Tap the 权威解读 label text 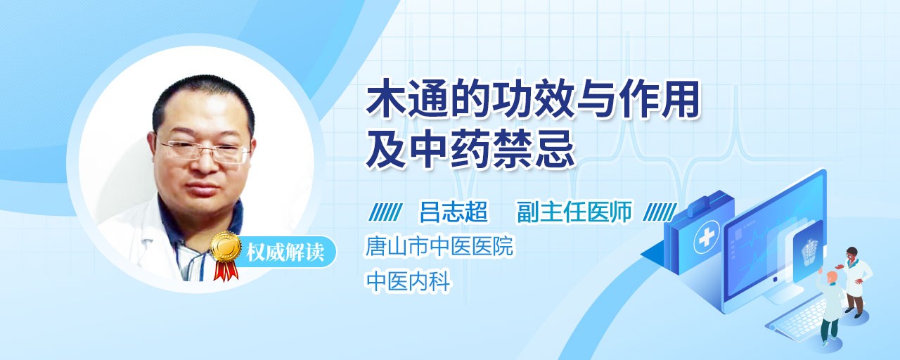[285, 252]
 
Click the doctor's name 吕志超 [454, 212]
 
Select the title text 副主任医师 [574, 212]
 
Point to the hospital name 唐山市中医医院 [439, 246]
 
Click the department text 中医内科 [408, 281]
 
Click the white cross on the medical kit [706, 238]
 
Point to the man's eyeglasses [203, 151]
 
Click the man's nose [204, 162]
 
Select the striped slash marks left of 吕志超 [385, 212]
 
